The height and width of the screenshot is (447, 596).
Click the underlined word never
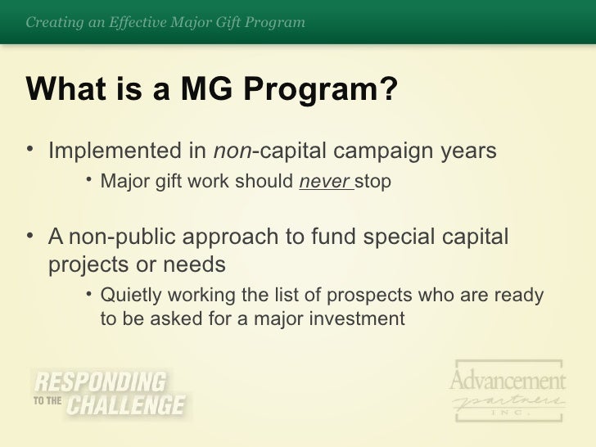tap(314, 181)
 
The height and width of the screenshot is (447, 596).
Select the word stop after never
tap(360, 181)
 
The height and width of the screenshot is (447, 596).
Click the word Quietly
tap(131, 295)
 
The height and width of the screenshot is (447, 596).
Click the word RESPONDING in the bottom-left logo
tap(99, 382)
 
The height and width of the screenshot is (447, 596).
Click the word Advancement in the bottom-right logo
tap(508, 381)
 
